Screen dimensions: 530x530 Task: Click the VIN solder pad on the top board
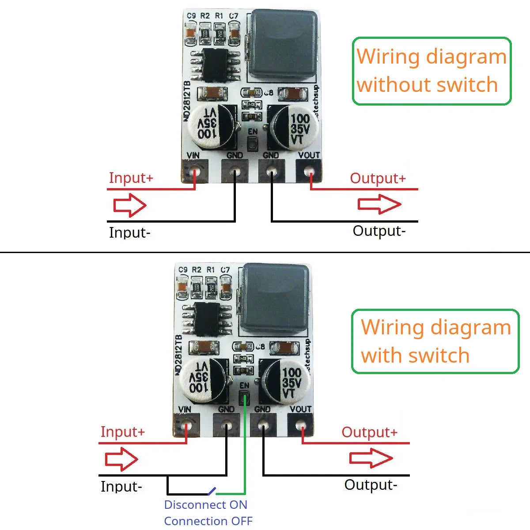coord(195,170)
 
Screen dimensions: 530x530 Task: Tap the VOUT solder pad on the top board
coord(309,170)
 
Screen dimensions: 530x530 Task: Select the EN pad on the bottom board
coord(244,398)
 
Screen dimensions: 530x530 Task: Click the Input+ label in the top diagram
coord(131,178)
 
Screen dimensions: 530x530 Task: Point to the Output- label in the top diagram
coord(379,231)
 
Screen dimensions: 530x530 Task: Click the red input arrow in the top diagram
coord(130,205)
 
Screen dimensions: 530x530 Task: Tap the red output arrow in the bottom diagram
coord(371,458)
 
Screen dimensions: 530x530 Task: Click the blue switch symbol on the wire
coord(211,491)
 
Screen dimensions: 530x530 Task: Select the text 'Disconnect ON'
coord(205,505)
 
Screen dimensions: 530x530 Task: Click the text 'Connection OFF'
coord(208,521)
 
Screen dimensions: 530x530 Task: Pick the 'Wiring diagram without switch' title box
coord(432,71)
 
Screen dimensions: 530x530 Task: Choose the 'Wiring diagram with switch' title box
coord(435,341)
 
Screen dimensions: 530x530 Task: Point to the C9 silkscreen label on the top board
coord(191,16)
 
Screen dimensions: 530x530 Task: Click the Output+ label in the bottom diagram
coord(369,432)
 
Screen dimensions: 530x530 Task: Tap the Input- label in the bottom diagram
coord(121,486)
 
